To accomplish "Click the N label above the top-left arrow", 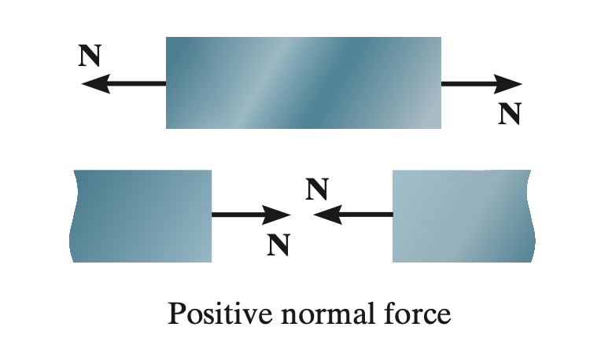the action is coord(90,55).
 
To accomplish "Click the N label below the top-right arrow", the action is coord(510,113).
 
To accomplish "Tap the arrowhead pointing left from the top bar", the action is coord(95,83).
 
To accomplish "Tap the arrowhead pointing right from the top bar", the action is coord(508,84).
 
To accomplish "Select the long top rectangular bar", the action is coord(304,83).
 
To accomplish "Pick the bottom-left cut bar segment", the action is coord(140,216).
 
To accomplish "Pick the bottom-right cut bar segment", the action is coord(464,216).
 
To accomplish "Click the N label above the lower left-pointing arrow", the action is coord(317,189).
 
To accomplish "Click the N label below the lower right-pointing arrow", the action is coord(278,244).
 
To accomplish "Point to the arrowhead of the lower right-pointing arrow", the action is coord(276,215).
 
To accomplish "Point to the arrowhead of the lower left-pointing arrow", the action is coord(328,215).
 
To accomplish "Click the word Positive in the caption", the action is coord(220,313).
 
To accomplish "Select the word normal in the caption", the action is coord(329,313).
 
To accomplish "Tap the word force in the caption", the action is coord(418,313).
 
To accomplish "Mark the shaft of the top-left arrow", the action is coord(138,83).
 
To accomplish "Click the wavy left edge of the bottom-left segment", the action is coord(72,216).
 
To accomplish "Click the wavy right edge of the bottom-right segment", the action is coord(531,216).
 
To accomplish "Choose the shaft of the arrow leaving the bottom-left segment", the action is coord(238,215).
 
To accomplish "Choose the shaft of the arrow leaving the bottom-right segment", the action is coord(367,215).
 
